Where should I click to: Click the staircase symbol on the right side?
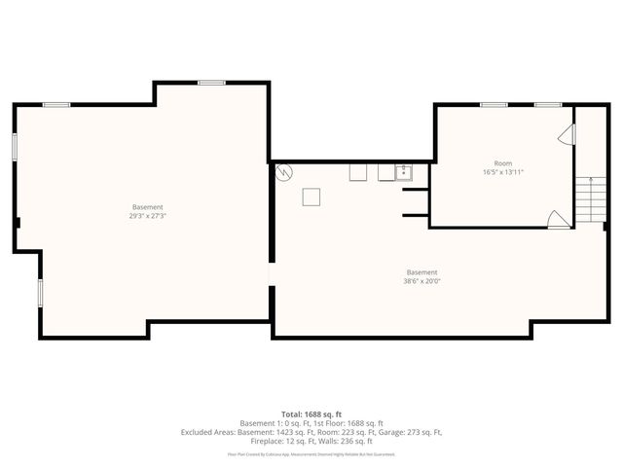pyautogui.click(x=589, y=199)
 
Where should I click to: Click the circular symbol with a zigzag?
pyautogui.click(x=284, y=174)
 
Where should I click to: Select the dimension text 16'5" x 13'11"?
pyautogui.click(x=503, y=172)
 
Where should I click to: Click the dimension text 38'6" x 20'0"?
pyautogui.click(x=421, y=281)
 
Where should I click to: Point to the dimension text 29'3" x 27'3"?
pyautogui.click(x=147, y=216)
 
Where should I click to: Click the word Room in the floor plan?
pyautogui.click(x=503, y=163)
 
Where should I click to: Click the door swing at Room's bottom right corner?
pyautogui.click(x=559, y=220)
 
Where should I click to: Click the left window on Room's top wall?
pyautogui.click(x=494, y=104)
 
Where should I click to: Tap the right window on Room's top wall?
pyautogui.click(x=548, y=104)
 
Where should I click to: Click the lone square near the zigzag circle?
pyautogui.click(x=311, y=197)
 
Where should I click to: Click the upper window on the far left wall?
pyautogui.click(x=15, y=145)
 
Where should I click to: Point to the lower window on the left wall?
pyautogui.click(x=40, y=292)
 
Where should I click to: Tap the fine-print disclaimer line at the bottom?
pyautogui.click(x=311, y=453)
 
